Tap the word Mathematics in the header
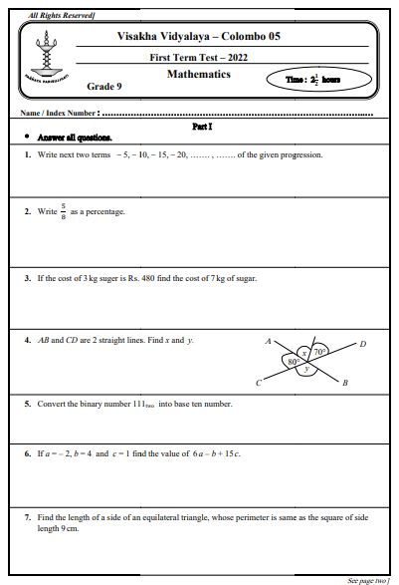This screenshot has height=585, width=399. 198,75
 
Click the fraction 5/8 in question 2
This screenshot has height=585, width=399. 62,211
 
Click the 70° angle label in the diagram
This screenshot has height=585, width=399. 319,352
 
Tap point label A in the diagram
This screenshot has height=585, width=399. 268,341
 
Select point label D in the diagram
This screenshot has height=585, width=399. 362,344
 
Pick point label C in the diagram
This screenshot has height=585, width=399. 258,383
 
